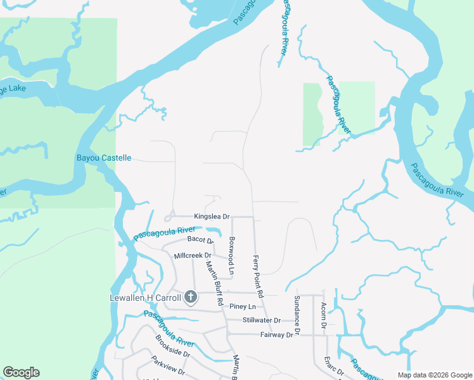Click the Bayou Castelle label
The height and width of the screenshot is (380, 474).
coord(104,158)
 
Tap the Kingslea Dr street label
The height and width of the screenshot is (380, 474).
coord(212,217)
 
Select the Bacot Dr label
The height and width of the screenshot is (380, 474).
coord(201,240)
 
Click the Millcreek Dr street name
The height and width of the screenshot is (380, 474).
coord(193,256)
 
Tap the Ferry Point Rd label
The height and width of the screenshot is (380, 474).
coord(257,277)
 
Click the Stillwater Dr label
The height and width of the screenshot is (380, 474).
coord(261,320)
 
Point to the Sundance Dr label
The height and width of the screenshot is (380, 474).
coord(296,315)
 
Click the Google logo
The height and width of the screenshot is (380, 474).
coord(22,372)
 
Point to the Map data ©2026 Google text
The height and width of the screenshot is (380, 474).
coord(434,375)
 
